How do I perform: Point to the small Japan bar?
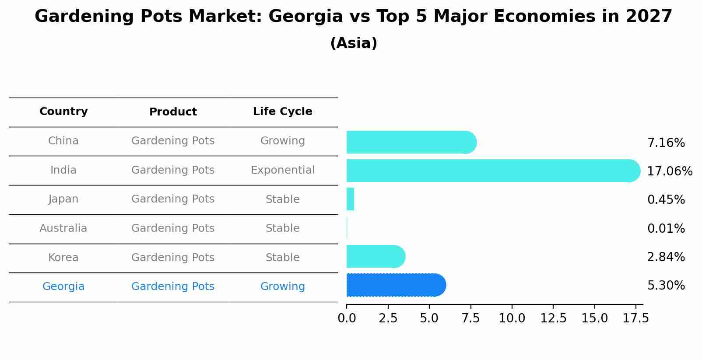(x=350, y=199)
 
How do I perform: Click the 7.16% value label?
(x=666, y=143)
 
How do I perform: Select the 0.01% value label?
(x=666, y=228)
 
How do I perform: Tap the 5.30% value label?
(x=666, y=286)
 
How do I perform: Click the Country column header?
(x=63, y=112)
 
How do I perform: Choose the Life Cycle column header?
(x=282, y=112)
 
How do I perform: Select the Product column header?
(x=173, y=112)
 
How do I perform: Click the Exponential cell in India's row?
(x=282, y=170)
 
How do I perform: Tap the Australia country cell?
(x=63, y=228)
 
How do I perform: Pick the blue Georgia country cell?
(x=63, y=287)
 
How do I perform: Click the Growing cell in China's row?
(x=282, y=141)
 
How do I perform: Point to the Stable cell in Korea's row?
(x=282, y=258)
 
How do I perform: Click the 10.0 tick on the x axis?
(x=512, y=318)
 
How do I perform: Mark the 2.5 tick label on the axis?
(x=388, y=318)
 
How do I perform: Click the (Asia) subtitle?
(x=354, y=43)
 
